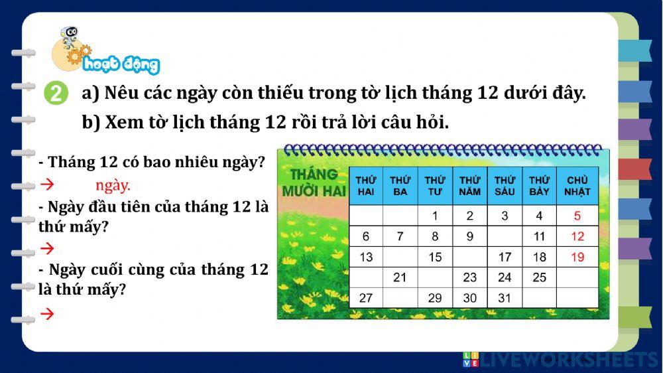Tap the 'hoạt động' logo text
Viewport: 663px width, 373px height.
(x=130, y=64)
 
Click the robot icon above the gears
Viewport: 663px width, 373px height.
(x=68, y=36)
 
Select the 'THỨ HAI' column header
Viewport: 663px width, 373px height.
(x=365, y=186)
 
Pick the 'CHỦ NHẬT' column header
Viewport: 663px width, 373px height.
(x=577, y=186)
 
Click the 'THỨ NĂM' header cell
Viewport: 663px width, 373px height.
(x=470, y=186)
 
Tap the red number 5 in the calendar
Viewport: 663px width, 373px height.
(x=577, y=216)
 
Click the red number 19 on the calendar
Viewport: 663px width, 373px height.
(x=577, y=257)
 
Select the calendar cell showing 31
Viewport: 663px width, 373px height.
(x=505, y=298)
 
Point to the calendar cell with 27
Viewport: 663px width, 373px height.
(x=365, y=298)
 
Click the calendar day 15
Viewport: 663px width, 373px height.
(x=435, y=257)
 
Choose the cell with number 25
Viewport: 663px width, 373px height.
(x=539, y=277)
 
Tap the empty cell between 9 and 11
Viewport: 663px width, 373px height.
(x=505, y=236)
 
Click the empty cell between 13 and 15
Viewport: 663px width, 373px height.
(x=400, y=257)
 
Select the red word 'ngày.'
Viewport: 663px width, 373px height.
(x=113, y=185)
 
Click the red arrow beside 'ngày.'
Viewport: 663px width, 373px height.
(x=47, y=185)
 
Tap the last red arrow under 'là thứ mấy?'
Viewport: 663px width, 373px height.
(x=47, y=314)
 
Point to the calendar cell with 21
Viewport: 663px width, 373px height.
(x=400, y=277)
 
